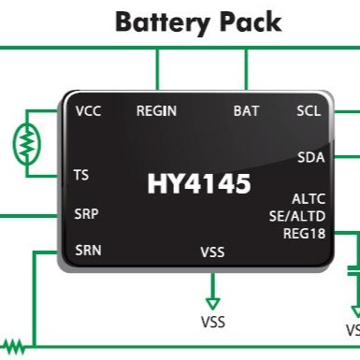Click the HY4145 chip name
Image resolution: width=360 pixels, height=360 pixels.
[198, 184]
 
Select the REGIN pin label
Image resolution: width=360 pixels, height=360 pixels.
[157, 111]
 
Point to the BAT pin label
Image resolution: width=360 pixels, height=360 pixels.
[247, 111]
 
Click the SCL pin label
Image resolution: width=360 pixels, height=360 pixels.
[309, 111]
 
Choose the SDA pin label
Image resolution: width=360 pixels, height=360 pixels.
[310, 157]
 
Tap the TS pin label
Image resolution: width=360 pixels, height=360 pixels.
[81, 175]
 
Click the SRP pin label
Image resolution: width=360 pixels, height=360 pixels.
[86, 213]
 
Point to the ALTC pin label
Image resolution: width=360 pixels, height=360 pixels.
[308, 199]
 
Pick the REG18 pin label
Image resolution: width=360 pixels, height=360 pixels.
[303, 233]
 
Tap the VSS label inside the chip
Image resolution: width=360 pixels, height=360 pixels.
[212, 252]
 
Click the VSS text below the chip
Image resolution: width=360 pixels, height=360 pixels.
[212, 323]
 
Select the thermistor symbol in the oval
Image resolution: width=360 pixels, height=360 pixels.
[27, 142]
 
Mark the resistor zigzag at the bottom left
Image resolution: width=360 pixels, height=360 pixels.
[13, 345]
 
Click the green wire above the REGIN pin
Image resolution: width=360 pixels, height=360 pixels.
[157, 69]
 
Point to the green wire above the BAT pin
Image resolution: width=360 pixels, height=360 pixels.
[247, 69]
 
